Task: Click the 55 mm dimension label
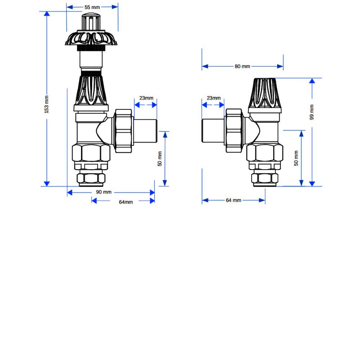(x=92, y=7)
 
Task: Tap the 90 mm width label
(x=103, y=192)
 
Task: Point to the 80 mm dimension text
(x=242, y=67)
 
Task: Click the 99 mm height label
(x=312, y=112)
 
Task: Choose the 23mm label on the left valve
(x=146, y=98)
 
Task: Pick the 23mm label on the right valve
(x=213, y=98)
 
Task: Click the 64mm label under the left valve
(x=126, y=202)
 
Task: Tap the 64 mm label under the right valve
(x=234, y=200)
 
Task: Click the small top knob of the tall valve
(x=92, y=22)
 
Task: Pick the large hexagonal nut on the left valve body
(x=92, y=154)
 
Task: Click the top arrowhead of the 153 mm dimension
(x=46, y=14)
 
